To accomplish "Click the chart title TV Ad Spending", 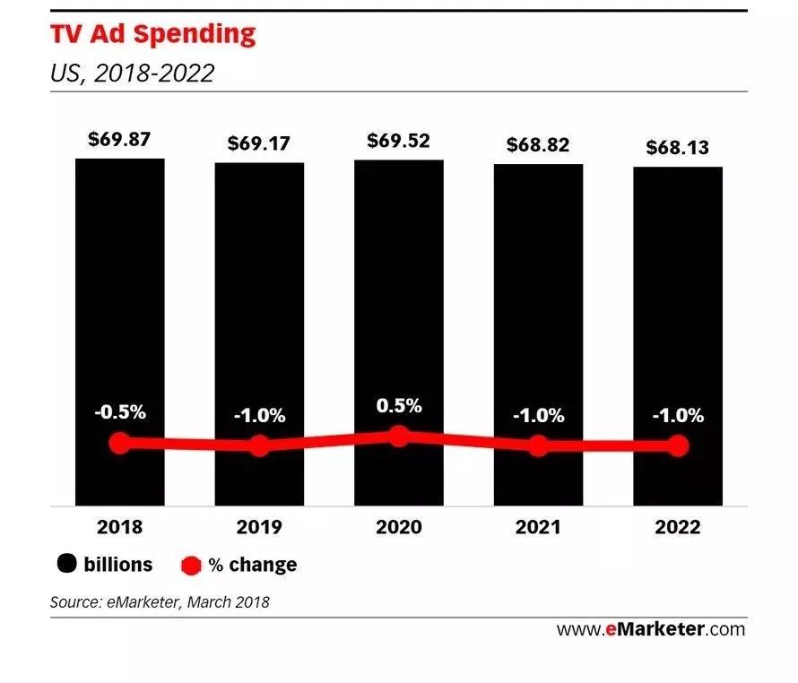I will [153, 34].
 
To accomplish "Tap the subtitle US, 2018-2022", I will [133, 73].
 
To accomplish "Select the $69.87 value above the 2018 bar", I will [119, 140].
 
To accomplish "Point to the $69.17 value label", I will [259, 143].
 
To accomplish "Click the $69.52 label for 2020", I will [399, 141].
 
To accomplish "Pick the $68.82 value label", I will [538, 144].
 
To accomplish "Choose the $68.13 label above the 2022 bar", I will [678, 148].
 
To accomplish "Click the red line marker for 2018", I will [119, 443].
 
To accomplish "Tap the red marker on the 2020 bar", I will [399, 437].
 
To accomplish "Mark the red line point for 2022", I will [678, 445].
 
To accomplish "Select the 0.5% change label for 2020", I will [399, 405].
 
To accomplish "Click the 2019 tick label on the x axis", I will [259, 526].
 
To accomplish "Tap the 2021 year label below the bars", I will [538, 526].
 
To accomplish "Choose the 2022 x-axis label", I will [678, 526].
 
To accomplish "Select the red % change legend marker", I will [190, 566].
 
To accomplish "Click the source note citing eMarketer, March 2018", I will [160, 602].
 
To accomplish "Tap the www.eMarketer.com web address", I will [650, 629].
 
